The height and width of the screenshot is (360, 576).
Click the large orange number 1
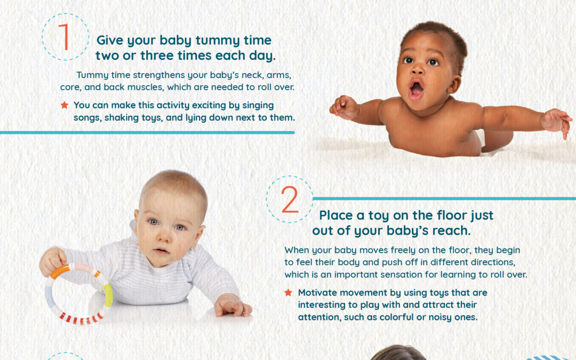click(x=65, y=37)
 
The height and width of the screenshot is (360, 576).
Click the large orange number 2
click(x=290, y=200)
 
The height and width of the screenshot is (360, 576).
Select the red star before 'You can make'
click(x=65, y=105)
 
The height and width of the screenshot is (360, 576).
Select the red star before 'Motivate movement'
click(x=288, y=293)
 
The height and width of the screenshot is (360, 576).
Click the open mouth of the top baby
click(x=416, y=87)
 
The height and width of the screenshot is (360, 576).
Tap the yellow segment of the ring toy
click(x=108, y=295)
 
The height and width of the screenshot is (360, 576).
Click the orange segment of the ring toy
click(x=60, y=271)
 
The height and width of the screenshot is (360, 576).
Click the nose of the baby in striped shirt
click(x=162, y=238)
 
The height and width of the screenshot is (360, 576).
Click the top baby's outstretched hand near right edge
click(x=556, y=121)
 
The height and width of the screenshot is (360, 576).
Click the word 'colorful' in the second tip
click(x=397, y=316)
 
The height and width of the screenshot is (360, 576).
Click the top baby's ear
click(x=454, y=84)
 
